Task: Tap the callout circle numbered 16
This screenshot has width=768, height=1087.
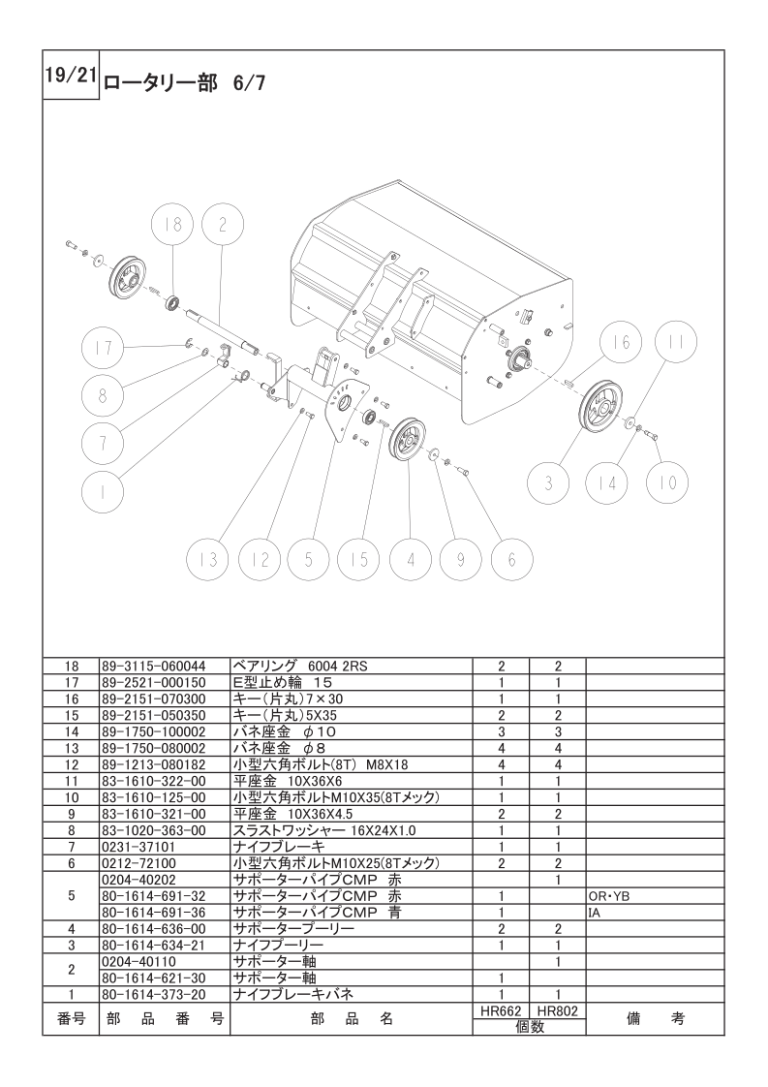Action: [622, 341]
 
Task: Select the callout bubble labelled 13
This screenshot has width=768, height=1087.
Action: [209, 559]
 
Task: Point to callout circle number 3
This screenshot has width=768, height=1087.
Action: [548, 482]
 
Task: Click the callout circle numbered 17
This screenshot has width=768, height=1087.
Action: [103, 347]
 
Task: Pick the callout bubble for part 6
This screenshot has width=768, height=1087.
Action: [512, 559]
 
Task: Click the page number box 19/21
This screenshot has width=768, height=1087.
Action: [71, 75]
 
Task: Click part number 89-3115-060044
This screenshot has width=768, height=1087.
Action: [153, 667]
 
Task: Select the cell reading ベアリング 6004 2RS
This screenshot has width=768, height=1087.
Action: [300, 667]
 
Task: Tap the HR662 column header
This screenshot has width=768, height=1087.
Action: [501, 1011]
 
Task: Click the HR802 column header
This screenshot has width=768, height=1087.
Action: [557, 1011]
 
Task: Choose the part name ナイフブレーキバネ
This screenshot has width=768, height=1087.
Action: [293, 994]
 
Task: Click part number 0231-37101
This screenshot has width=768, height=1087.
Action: [138, 847]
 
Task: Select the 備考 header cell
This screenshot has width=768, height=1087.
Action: [655, 1019]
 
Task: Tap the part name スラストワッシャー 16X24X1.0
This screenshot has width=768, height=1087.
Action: [324, 830]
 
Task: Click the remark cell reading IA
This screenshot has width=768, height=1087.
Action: [594, 913]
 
